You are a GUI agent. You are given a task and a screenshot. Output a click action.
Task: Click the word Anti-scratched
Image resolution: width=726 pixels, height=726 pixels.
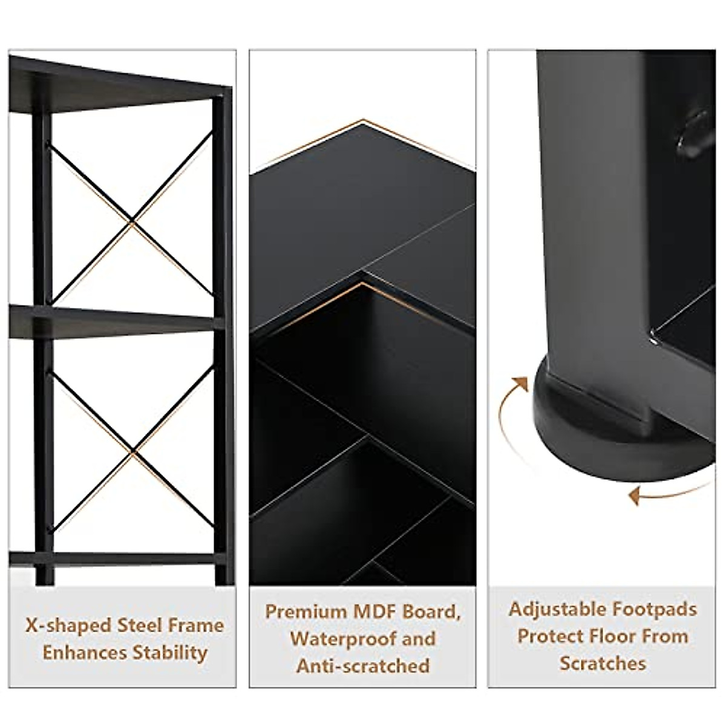(x=362, y=666)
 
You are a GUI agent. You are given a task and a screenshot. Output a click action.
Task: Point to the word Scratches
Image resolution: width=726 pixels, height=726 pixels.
(x=603, y=663)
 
